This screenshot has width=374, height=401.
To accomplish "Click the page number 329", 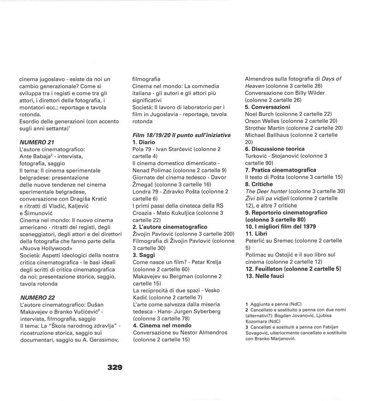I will pyautogui.click(x=115, y=367).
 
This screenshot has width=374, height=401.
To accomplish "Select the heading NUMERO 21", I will pyautogui.click(x=37, y=143).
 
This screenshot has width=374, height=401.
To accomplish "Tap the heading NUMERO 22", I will pyautogui.click(x=37, y=298).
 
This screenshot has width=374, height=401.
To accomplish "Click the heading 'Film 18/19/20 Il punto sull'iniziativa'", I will pyautogui.click(x=181, y=135).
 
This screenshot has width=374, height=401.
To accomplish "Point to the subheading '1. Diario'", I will pyautogui.click(x=145, y=143).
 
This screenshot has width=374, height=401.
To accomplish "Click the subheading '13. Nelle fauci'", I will pyautogui.click(x=264, y=276).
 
